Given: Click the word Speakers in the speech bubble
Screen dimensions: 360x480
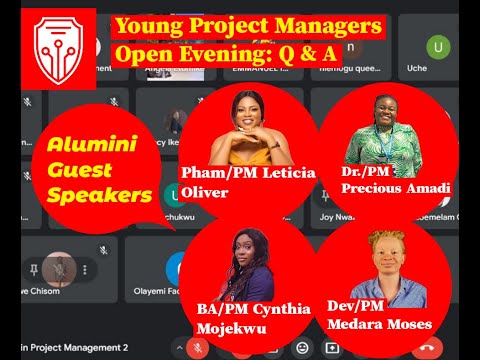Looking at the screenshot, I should [x=98, y=196].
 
